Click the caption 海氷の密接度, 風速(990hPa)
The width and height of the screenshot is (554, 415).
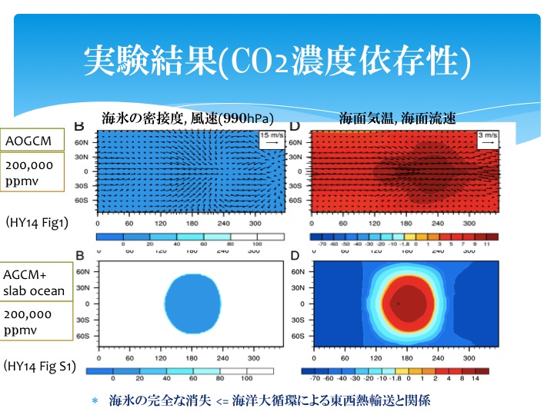tap(188, 118)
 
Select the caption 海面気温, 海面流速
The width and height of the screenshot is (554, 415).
tap(398, 118)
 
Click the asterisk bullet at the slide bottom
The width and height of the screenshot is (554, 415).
tap(95, 401)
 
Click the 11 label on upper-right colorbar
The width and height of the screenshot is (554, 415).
tap(486, 247)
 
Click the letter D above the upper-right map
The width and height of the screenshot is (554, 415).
tap(315, 125)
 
